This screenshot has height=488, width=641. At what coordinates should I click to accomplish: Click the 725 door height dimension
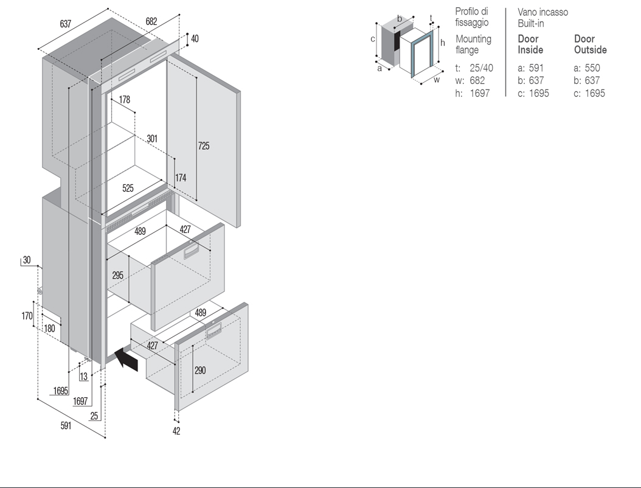(x=204, y=145)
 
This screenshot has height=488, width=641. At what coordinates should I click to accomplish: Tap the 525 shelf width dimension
(x=128, y=188)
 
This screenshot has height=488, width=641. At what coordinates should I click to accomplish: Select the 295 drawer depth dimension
(x=118, y=275)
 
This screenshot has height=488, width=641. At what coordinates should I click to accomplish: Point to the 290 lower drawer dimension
(x=200, y=370)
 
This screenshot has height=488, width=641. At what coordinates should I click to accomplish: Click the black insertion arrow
(x=126, y=359)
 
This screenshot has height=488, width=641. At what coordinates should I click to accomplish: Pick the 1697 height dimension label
(x=80, y=401)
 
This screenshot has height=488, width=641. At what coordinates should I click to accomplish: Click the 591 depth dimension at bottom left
(x=66, y=425)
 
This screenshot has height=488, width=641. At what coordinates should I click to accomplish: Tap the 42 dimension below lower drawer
(x=176, y=431)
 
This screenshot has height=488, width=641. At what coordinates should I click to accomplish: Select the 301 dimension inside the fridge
(x=152, y=138)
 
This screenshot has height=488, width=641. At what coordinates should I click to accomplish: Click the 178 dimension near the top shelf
(x=124, y=99)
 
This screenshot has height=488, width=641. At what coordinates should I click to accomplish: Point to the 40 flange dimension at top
(x=195, y=38)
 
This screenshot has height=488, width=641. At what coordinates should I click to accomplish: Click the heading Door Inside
(x=531, y=44)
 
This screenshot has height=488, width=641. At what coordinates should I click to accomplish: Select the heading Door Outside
(x=591, y=44)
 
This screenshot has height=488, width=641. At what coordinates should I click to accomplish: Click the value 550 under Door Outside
(x=592, y=68)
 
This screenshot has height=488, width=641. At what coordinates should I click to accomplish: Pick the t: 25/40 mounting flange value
(x=474, y=68)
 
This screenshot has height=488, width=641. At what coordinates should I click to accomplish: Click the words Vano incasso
(x=543, y=12)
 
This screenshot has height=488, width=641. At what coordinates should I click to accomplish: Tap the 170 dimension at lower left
(x=27, y=316)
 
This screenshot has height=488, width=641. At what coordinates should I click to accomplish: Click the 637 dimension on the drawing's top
(x=66, y=24)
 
